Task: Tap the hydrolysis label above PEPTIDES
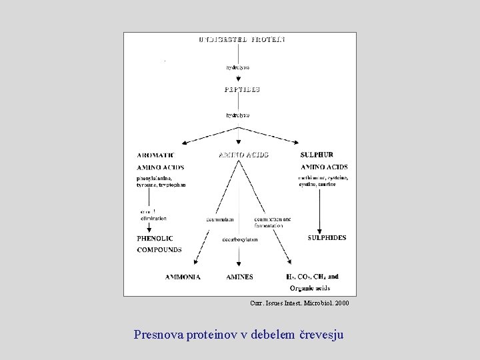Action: point(238,67)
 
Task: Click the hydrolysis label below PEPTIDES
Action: point(238,115)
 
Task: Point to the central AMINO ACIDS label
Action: point(243,155)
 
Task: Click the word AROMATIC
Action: point(155,155)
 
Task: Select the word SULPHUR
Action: point(317,155)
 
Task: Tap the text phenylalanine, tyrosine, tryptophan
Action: point(161,181)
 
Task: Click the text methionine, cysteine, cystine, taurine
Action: point(323,181)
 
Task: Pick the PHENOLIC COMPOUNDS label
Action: point(159,244)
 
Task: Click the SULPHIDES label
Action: point(327,238)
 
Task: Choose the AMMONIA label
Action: point(183,277)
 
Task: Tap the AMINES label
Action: point(239,277)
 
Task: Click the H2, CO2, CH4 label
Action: point(312,277)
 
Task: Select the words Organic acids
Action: point(309,288)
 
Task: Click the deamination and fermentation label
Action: point(272,222)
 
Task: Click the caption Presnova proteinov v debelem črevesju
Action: point(239,334)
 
